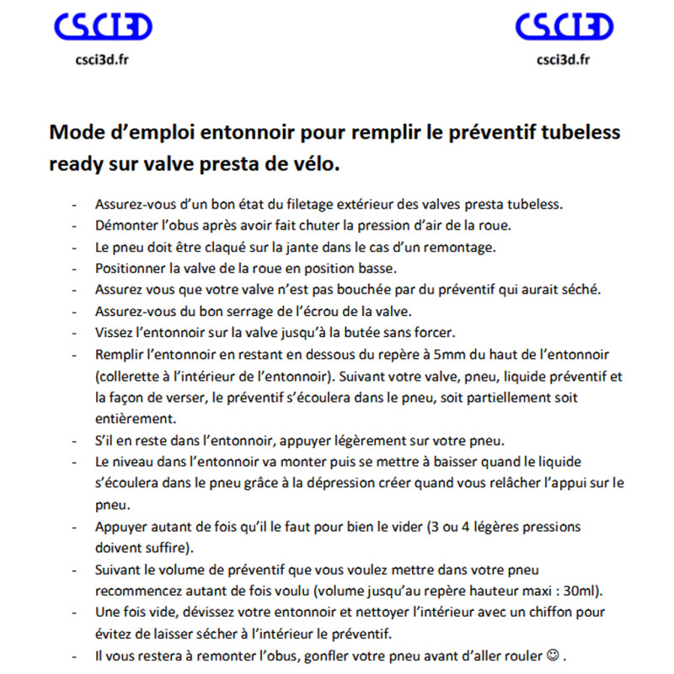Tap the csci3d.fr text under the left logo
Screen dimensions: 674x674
coord(102,59)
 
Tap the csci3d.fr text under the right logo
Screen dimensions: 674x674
coord(563,59)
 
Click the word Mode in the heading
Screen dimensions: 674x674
coord(73,132)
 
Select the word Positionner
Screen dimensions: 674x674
coord(128,269)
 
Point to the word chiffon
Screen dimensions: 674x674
coord(511,612)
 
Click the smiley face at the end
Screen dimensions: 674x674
coord(552,654)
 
